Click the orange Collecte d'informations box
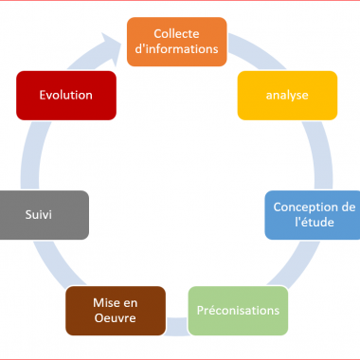(x=177, y=42)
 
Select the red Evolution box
(x=65, y=96)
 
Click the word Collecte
(x=177, y=34)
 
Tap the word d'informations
(x=177, y=50)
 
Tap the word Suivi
(x=39, y=214)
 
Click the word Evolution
(x=65, y=96)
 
